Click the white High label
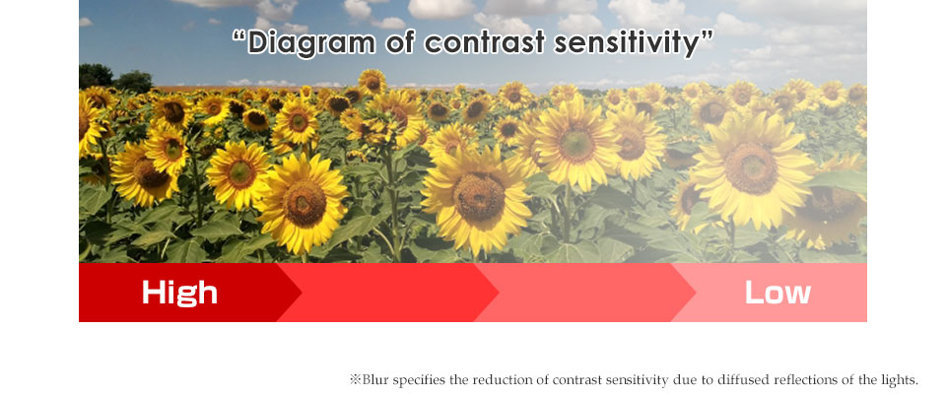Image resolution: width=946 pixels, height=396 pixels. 179,293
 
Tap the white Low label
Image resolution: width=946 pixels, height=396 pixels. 777,293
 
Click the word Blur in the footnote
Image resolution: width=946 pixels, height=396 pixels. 374,379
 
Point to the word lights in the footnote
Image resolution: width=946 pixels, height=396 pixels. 899,379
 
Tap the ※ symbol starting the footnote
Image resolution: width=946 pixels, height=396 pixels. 356,379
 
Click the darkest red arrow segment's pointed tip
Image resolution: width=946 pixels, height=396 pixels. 302,293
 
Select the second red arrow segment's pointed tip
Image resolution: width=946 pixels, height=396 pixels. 499,293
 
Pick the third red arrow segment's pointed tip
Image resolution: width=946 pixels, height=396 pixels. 695,293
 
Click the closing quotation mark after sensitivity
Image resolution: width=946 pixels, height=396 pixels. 706,35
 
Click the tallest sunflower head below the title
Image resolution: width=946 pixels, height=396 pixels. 372,82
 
